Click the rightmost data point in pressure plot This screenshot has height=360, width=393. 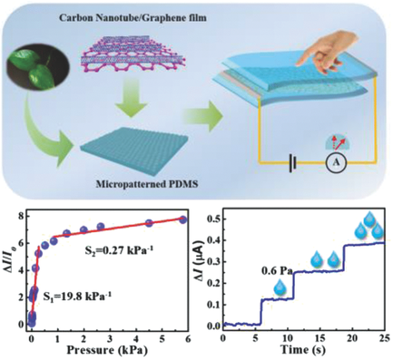point(182,219)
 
